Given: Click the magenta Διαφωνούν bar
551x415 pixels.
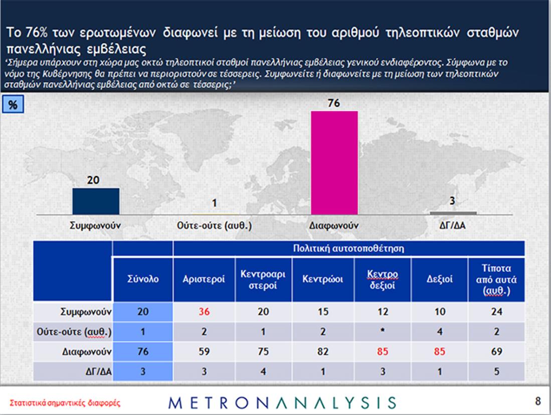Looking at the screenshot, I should (x=334, y=163).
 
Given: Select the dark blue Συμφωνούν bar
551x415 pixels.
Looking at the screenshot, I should (x=96, y=201).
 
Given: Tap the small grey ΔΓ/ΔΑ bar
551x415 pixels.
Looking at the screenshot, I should (x=453, y=213).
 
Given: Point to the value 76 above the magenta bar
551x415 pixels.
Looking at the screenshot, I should (x=334, y=104).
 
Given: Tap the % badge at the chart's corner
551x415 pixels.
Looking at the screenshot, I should (x=13, y=105).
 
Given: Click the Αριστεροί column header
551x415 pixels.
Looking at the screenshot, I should (x=204, y=279).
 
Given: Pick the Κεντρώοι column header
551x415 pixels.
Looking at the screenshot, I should (x=323, y=279).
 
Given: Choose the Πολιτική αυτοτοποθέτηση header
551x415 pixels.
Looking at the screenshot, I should (x=349, y=248).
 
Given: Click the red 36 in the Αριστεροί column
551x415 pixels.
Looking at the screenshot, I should (x=204, y=312).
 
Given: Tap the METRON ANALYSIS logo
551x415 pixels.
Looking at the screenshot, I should (x=282, y=402).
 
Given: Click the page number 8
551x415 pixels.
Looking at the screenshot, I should (x=538, y=401).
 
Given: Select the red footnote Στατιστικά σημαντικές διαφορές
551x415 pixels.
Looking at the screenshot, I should (x=65, y=403).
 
